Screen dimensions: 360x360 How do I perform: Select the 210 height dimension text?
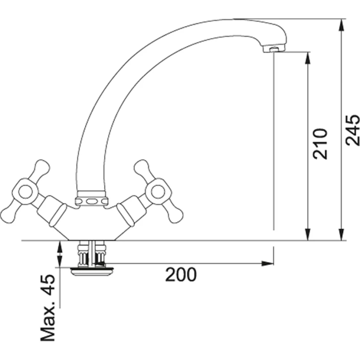(x=320, y=144)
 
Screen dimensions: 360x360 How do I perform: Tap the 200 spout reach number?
(x=181, y=274)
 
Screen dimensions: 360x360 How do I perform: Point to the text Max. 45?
(x=48, y=308)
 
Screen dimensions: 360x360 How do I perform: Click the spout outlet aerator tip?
(x=274, y=49)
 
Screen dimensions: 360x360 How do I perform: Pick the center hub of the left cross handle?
(x=25, y=192)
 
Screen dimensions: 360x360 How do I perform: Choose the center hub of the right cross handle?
(x=158, y=192)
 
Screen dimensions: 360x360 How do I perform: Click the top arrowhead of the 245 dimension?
(x=342, y=25)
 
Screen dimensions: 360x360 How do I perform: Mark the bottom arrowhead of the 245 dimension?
(x=342, y=235)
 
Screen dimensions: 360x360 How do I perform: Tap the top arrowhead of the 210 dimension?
(x=308, y=58)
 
